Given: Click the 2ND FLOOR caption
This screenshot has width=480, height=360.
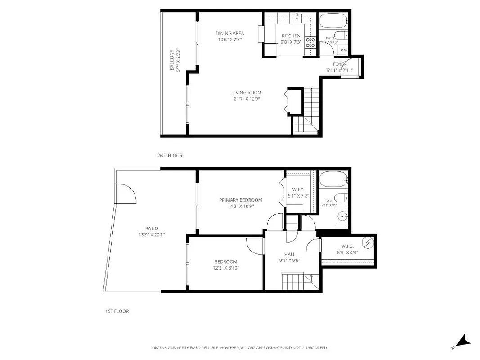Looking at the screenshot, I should click(x=170, y=155).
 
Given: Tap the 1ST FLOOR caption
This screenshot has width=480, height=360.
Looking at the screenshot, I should click(x=114, y=311).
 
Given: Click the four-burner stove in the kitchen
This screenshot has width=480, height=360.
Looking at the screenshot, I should click(x=310, y=43).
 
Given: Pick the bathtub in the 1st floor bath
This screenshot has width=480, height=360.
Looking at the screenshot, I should click(x=333, y=180).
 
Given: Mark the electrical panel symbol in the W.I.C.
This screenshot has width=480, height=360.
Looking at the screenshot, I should click(x=368, y=243).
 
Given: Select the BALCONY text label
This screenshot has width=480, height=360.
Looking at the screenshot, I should click(x=172, y=60).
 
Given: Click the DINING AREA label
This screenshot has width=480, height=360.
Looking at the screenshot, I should click(x=229, y=33).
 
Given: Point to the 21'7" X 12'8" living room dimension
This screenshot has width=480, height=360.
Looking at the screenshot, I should click(x=247, y=99).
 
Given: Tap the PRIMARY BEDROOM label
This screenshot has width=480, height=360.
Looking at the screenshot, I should click(x=240, y=200).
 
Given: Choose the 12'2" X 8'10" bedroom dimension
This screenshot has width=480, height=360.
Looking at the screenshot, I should click(x=226, y=268).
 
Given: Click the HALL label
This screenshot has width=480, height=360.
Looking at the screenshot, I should click(x=290, y=254).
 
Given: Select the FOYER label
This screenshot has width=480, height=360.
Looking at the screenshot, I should click(x=340, y=64).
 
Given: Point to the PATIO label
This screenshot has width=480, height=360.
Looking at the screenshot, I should click(x=152, y=229).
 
